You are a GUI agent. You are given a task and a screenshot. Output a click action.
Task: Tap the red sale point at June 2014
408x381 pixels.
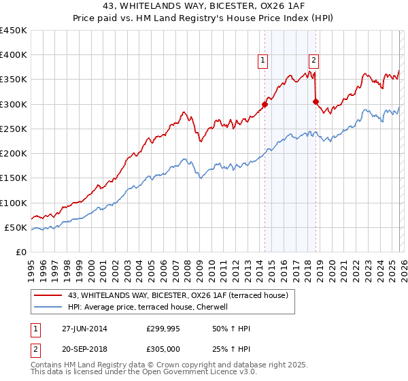[265, 104]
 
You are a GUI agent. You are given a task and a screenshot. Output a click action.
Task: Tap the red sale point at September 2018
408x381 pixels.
[316, 102]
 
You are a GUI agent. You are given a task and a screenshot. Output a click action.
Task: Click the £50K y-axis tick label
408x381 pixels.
[16, 227]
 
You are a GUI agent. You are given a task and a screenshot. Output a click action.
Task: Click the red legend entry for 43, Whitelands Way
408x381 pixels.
[178, 295]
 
